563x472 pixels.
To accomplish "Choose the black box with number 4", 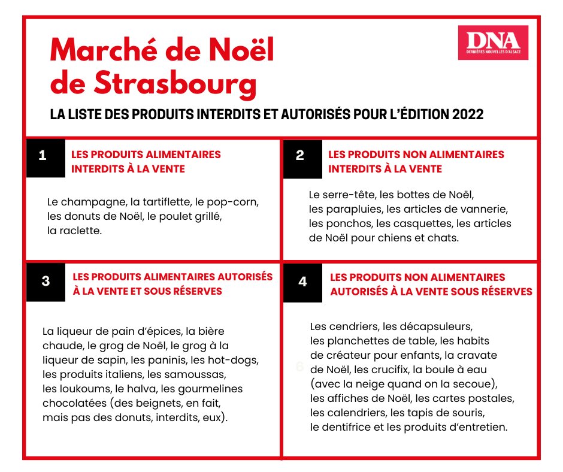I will click(x=302, y=282).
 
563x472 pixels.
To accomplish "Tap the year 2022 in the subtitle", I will click(x=461, y=114).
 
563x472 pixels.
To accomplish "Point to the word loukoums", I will click(x=74, y=389).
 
